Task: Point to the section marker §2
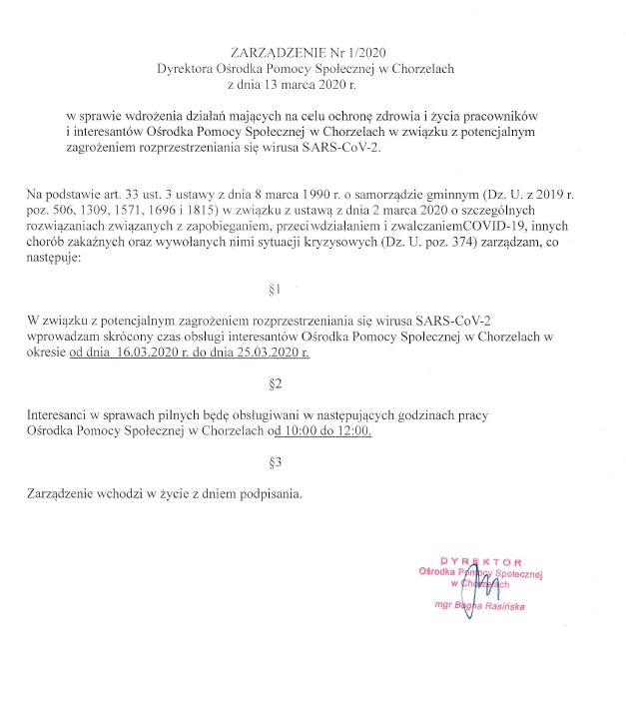(x=277, y=383)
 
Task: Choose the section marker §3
(x=277, y=462)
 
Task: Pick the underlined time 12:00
(x=350, y=432)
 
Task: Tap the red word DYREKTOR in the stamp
(x=480, y=562)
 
